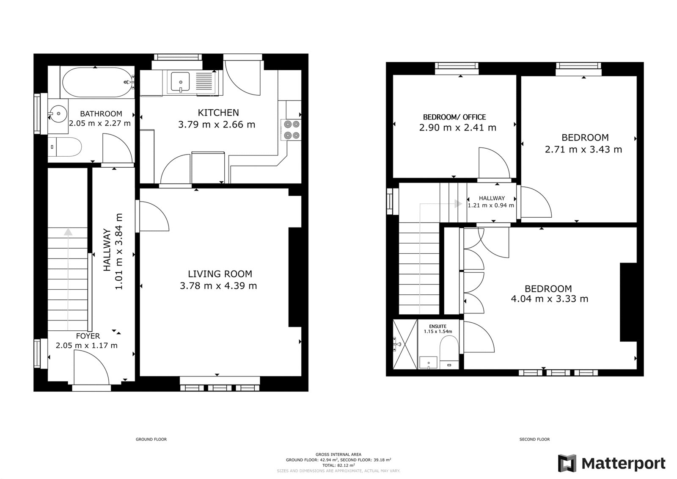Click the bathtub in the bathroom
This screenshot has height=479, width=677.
coord(97,82)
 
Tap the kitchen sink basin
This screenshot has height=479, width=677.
coord(180,81)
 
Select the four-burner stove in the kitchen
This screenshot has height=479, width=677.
coord(291,130)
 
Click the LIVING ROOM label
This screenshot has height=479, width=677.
coord(220,274)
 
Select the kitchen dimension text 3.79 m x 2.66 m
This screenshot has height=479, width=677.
coord(217,125)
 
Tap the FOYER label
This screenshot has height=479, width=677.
coord(88,336)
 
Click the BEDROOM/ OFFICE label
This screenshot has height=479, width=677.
coord(454,117)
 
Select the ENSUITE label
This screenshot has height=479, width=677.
coord(438,326)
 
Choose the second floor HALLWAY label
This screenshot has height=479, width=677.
coord(492,198)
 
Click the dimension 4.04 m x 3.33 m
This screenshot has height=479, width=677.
coord(549,299)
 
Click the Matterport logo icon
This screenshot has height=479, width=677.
coord(567,463)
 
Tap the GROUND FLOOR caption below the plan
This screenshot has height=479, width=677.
coord(151,439)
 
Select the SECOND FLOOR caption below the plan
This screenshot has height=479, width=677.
coord(534,439)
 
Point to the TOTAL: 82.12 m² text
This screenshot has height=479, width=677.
coord(338,465)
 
